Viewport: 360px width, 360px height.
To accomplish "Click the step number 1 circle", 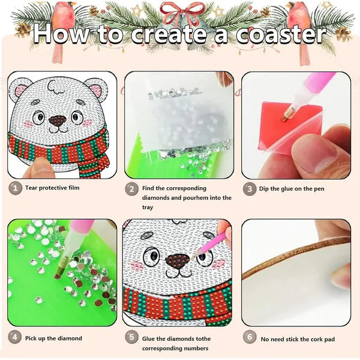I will (x=14, y=188).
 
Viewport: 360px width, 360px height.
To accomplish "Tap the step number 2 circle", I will (x=132, y=188).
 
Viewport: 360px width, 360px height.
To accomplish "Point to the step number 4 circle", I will (x=14, y=338).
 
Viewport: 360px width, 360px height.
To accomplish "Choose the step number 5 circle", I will (x=132, y=338).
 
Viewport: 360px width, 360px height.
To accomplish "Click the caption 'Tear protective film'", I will (x=52, y=188).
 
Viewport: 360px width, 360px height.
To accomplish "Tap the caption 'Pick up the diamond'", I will (x=53, y=338).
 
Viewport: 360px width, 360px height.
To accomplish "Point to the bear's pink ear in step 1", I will (x=21, y=91).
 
